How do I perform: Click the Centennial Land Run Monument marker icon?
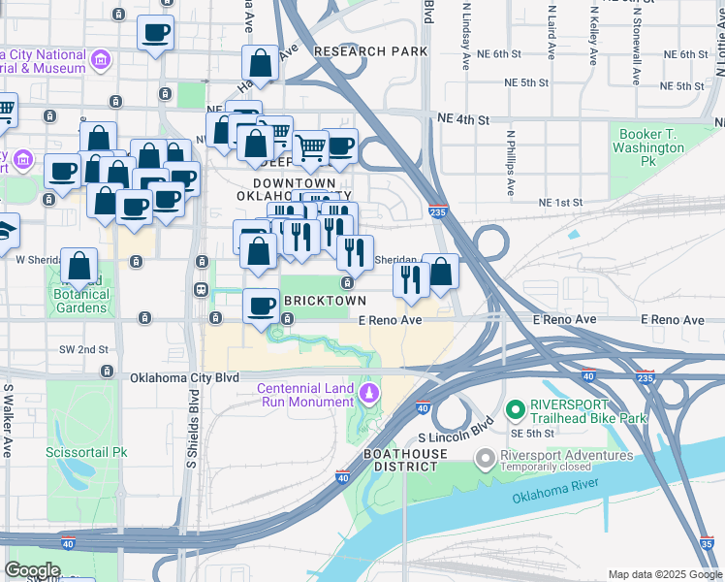pos(368,393)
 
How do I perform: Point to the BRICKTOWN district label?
pos(325,302)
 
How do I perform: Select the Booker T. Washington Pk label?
pos(648,148)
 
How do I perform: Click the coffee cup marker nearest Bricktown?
pos(261,307)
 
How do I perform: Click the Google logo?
pos(33,570)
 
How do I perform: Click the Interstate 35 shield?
pos(708,544)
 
